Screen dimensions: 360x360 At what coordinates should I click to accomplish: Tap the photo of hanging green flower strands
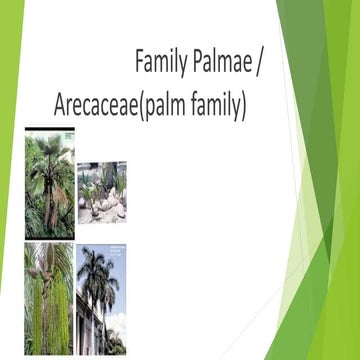[x=49, y=298]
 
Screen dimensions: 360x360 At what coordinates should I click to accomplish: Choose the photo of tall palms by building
[x=102, y=300]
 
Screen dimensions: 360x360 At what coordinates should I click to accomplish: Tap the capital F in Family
[x=141, y=63]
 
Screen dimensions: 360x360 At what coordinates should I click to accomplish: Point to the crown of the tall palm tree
[x=100, y=270]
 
